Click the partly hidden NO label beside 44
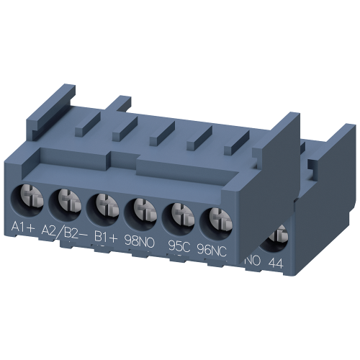click(x=253, y=261)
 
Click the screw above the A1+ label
click(x=27, y=194)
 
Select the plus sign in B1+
click(x=116, y=235)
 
